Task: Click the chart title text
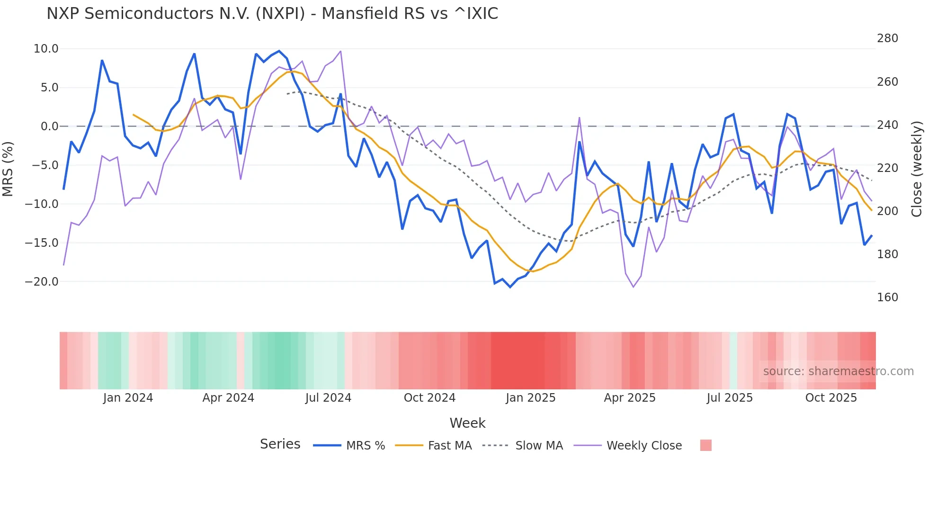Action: [x=272, y=14]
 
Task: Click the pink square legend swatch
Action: [x=705, y=445]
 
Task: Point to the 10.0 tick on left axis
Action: [x=46, y=49]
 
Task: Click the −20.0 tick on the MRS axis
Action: [x=42, y=282]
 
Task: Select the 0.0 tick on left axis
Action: [x=49, y=126]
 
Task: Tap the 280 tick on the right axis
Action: [x=887, y=38]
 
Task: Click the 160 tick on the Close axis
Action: [x=887, y=297]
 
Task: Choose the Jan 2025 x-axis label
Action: [x=530, y=398]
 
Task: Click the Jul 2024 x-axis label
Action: [x=328, y=398]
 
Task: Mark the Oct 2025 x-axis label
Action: [x=831, y=398]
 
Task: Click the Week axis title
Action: [x=467, y=423]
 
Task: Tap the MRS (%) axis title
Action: [x=8, y=169]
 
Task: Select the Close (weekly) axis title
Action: [x=917, y=169]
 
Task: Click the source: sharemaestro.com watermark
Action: [x=838, y=371]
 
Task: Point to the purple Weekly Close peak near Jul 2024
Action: [x=340, y=52]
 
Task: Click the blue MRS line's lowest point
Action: [x=510, y=287]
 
